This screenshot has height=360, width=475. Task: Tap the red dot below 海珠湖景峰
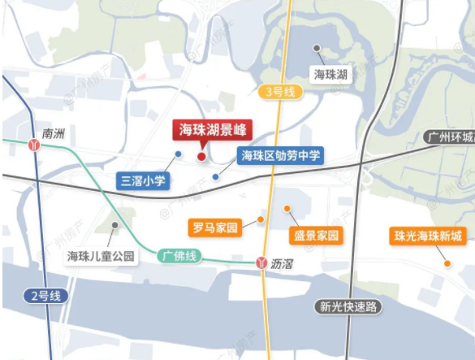[x=201, y=156]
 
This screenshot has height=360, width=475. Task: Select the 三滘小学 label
[x=144, y=180]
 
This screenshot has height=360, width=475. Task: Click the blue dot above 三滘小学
[x=178, y=154]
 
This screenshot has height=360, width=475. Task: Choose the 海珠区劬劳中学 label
[x=280, y=154]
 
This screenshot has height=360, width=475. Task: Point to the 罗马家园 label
[x=215, y=228]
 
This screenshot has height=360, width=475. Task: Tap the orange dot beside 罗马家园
[x=261, y=219]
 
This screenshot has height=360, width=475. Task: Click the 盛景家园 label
[x=314, y=236]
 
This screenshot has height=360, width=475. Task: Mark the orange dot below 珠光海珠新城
[x=447, y=262]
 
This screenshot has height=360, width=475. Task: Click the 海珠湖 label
[x=331, y=75]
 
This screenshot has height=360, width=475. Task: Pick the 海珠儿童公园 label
[x=101, y=257]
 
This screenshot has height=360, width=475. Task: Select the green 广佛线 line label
[x=179, y=254]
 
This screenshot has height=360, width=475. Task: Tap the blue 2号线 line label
[x=44, y=296]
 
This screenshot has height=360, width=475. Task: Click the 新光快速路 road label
[x=349, y=306]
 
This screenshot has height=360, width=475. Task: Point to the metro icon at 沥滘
[x=261, y=262]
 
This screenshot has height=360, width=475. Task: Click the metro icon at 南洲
[x=35, y=145]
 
